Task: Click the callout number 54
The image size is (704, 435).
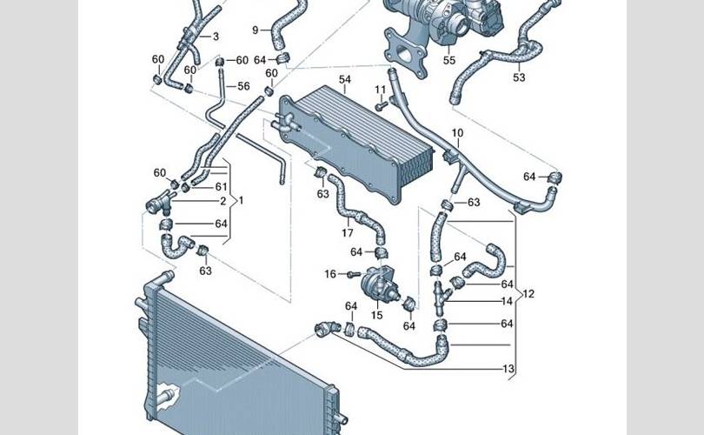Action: (x=344, y=79)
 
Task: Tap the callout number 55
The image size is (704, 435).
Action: (x=449, y=60)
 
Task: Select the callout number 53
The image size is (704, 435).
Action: (x=519, y=77)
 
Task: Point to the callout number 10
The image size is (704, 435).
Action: (x=457, y=133)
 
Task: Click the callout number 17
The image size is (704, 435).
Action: (x=347, y=233)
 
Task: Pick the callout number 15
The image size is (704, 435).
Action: (x=376, y=315)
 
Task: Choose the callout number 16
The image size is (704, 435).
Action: (x=330, y=274)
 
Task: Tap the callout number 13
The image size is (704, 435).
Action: (x=508, y=369)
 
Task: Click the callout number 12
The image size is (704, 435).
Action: (x=528, y=294)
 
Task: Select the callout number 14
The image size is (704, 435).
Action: (x=507, y=301)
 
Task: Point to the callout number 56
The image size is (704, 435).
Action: (x=243, y=86)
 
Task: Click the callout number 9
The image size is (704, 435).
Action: (x=255, y=30)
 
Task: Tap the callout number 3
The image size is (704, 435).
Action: (x=216, y=37)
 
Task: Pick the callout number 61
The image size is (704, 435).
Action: (x=222, y=186)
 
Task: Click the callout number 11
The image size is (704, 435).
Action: (x=381, y=90)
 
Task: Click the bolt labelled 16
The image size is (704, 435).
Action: (x=354, y=274)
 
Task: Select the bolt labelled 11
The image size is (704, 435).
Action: (x=382, y=106)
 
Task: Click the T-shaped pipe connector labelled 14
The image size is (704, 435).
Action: (x=441, y=298)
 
